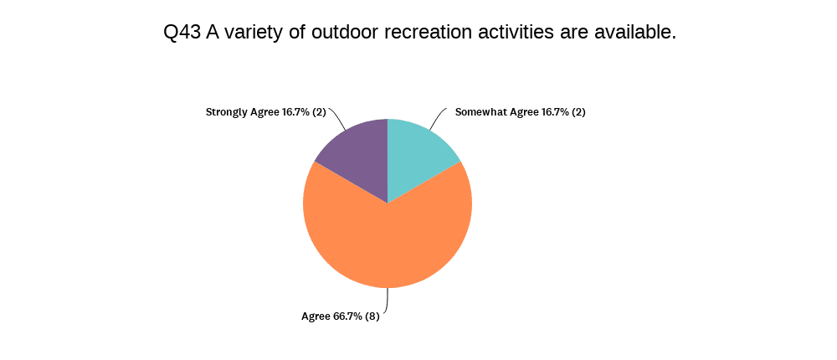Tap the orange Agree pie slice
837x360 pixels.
pyautogui.click(x=388, y=240)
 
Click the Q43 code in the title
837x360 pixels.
pyautogui.click(x=182, y=33)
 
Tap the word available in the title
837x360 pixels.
pyautogui.click(x=634, y=33)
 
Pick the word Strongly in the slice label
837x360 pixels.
pyautogui.click(x=227, y=113)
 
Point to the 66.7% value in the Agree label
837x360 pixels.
pyautogui.click(x=347, y=316)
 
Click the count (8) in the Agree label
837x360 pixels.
pyautogui.click(x=372, y=316)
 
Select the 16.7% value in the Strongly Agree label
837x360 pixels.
pyautogui.click(x=295, y=112)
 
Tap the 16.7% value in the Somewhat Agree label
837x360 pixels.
pyautogui.click(x=554, y=112)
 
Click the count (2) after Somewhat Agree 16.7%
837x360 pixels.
pyautogui.click(x=578, y=112)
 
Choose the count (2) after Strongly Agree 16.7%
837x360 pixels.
pyautogui.click(x=319, y=112)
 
